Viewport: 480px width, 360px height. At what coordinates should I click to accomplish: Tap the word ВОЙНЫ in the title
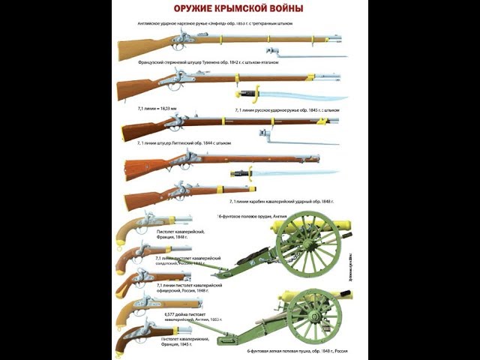click(x=281, y=9)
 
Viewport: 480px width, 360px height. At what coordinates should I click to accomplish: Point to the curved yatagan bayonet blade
click(x=300, y=95)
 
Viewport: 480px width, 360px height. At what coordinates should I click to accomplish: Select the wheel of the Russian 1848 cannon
click(x=313, y=315)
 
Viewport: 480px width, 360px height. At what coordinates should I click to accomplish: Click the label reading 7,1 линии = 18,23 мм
click(x=158, y=109)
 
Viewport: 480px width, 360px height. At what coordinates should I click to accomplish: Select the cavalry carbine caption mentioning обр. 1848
click(x=281, y=202)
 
